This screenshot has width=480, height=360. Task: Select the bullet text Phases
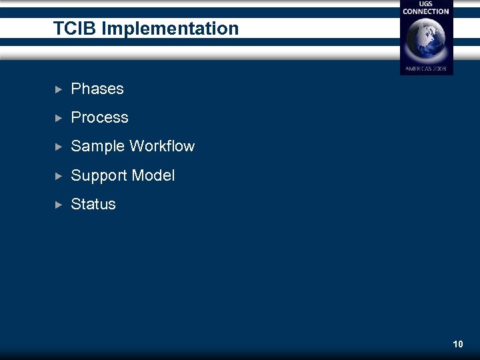click(x=97, y=89)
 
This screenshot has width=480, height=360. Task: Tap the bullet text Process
click(x=99, y=117)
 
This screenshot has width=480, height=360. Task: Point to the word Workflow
click(x=162, y=147)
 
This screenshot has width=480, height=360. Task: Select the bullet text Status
click(x=93, y=205)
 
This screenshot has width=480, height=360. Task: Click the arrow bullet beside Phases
click(x=58, y=89)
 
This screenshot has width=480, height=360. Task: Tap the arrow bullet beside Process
click(x=58, y=118)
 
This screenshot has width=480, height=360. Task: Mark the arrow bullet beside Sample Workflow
click(x=58, y=147)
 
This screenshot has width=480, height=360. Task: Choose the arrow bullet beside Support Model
click(x=58, y=176)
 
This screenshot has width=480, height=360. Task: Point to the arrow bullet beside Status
click(x=58, y=205)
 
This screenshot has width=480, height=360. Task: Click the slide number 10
click(x=457, y=344)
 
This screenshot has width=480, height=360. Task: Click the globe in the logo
click(x=426, y=39)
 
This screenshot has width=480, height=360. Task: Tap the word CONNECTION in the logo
click(x=426, y=11)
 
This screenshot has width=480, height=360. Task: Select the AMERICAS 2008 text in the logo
click(x=426, y=69)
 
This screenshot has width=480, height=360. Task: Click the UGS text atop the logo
click(x=426, y=4)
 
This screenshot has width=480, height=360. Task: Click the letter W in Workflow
click(x=137, y=147)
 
